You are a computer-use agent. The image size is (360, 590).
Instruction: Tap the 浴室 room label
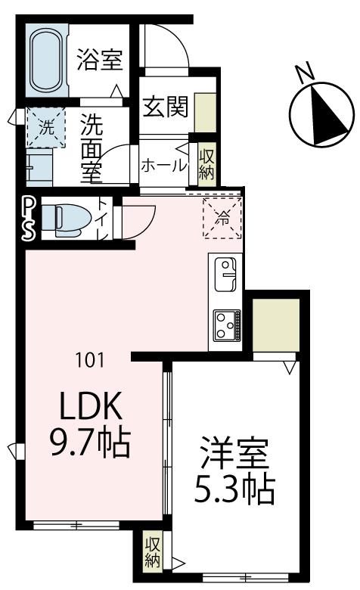coord(101,61)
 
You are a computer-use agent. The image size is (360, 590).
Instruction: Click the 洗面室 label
coord(92,148)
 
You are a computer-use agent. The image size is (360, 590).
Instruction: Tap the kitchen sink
coord(226,274)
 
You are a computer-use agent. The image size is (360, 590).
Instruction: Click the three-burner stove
coord(226,325)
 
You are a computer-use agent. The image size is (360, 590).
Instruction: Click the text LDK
coord(91,408)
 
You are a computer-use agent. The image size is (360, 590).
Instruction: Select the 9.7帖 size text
coord(91,444)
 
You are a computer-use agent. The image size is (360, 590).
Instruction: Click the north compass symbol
coord(322,113)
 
